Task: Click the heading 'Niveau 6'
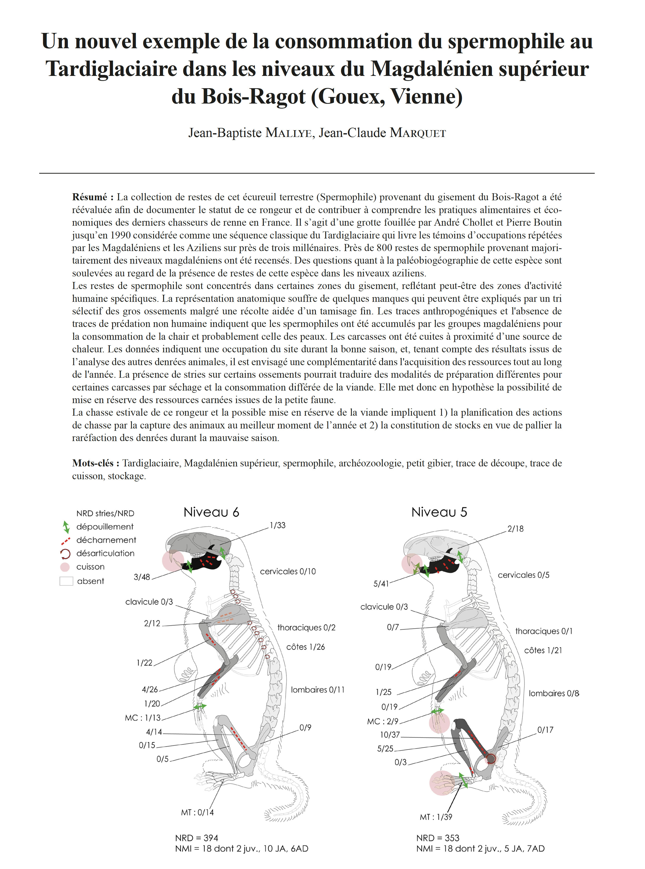(211, 512)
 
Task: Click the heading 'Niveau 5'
(439, 512)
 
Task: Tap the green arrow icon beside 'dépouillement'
(66, 527)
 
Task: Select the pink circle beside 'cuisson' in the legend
(65, 567)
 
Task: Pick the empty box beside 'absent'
(66, 581)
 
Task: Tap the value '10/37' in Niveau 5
(390, 735)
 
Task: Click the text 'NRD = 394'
(196, 838)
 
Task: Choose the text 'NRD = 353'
(438, 838)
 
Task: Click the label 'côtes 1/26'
(306, 647)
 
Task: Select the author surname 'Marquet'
(418, 133)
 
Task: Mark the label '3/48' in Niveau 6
(142, 577)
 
